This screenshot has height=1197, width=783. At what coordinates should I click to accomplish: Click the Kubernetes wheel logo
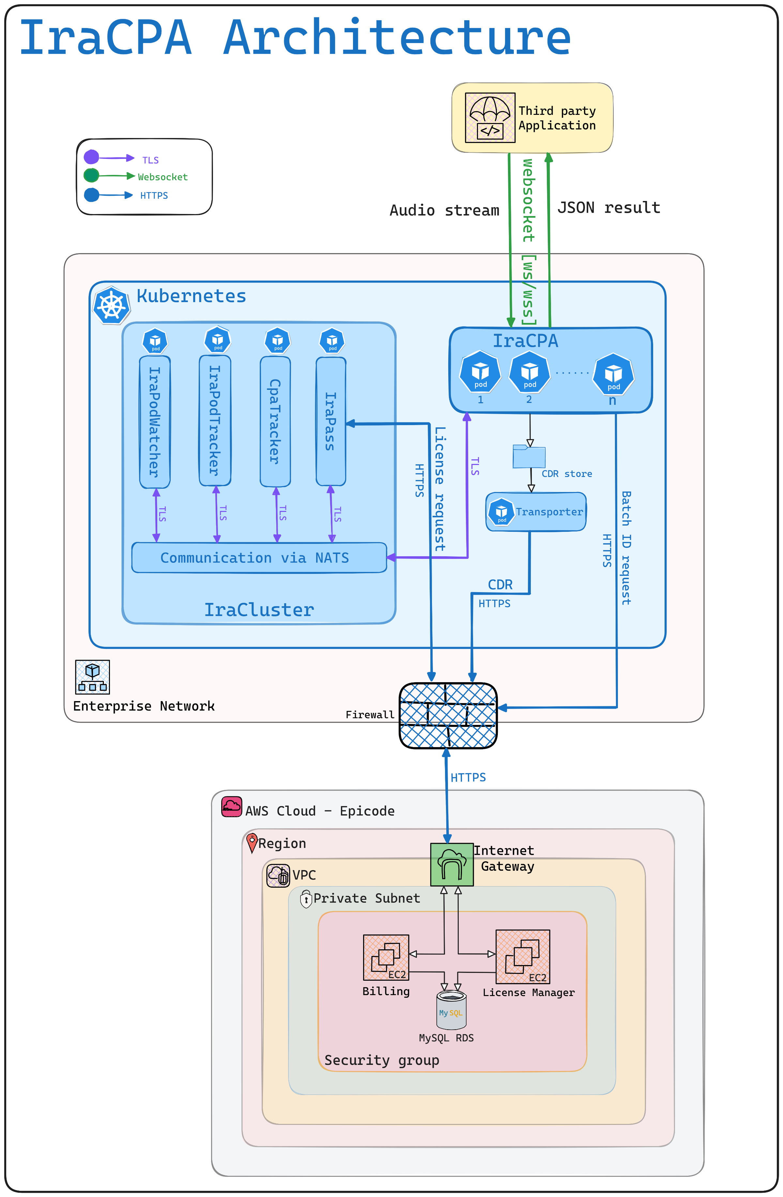[x=111, y=305]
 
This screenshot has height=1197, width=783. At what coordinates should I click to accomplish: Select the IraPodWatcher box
[x=155, y=422]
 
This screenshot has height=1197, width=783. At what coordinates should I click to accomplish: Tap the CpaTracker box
[x=275, y=422]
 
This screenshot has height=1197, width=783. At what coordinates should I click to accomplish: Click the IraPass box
[x=331, y=422]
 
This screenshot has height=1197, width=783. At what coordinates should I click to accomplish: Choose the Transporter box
[x=536, y=512]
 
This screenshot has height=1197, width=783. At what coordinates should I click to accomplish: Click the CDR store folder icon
[x=529, y=456]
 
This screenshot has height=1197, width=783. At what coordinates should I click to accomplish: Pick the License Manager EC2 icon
[x=523, y=957]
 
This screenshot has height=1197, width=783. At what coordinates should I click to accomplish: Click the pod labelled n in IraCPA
[x=614, y=375]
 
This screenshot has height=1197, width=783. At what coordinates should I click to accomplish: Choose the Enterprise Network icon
[x=93, y=677]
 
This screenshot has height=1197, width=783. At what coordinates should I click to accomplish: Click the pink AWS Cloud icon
[x=232, y=807]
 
